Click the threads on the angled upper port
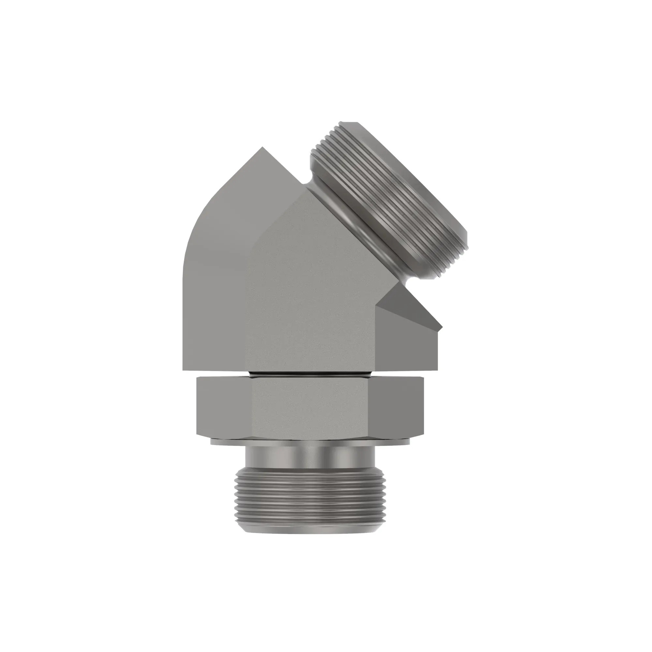[x=388, y=196]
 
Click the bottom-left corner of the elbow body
[x=184, y=369]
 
